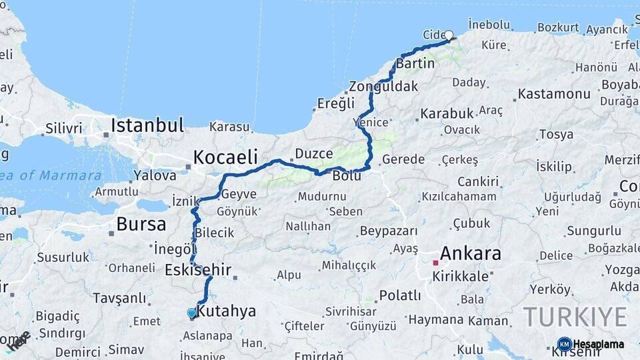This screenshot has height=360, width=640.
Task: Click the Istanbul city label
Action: (x=147, y=125)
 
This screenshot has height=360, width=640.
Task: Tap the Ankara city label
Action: (x=470, y=253)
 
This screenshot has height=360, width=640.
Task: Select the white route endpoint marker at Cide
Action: (x=449, y=35)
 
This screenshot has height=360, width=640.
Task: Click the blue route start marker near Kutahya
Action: (x=192, y=313)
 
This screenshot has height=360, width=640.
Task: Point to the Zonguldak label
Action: (x=383, y=87)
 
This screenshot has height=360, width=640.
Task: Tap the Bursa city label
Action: (x=141, y=223)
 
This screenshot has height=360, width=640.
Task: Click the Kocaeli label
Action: (x=225, y=157)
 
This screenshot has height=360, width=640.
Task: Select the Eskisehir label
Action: (x=198, y=270)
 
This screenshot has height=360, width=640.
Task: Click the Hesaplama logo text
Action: (x=599, y=344)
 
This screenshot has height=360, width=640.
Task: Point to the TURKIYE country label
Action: (x=575, y=317)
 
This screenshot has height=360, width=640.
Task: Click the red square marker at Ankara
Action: (x=435, y=263)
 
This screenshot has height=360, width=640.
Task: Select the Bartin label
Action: (x=415, y=64)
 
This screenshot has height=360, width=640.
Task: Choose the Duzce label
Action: (x=313, y=153)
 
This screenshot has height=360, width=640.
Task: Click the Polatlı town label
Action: (x=400, y=295)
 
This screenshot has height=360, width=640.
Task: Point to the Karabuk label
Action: (x=446, y=113)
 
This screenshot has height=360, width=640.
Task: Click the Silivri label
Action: (x=63, y=129)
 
